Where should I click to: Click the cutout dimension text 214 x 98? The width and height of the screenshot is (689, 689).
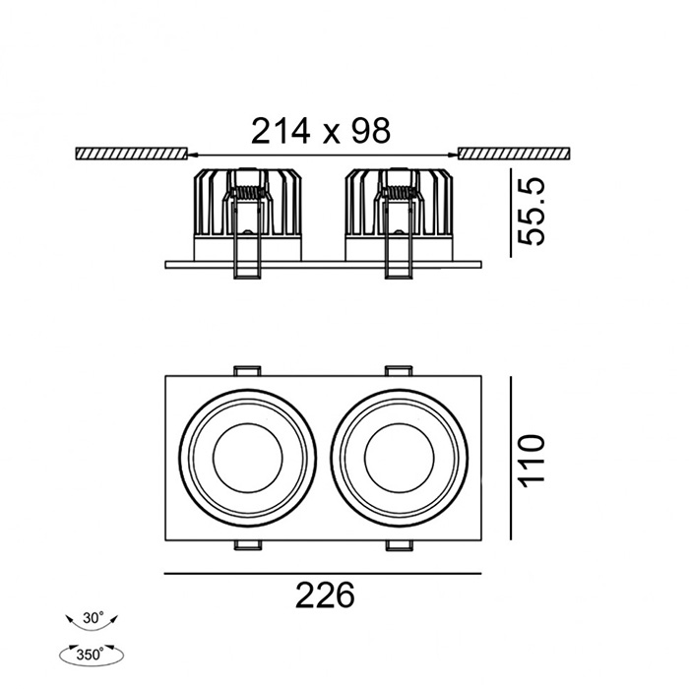click(x=321, y=130)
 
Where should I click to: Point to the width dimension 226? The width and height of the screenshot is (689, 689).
click(x=323, y=595)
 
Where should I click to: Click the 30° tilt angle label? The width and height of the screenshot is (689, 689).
click(x=94, y=619)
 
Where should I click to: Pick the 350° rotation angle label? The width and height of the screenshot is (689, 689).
click(x=94, y=653)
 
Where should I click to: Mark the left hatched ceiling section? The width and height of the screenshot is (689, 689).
click(x=130, y=154)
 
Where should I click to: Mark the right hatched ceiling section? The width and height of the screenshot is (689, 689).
click(x=512, y=154)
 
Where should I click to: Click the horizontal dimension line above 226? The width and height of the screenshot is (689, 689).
click(x=323, y=573)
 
